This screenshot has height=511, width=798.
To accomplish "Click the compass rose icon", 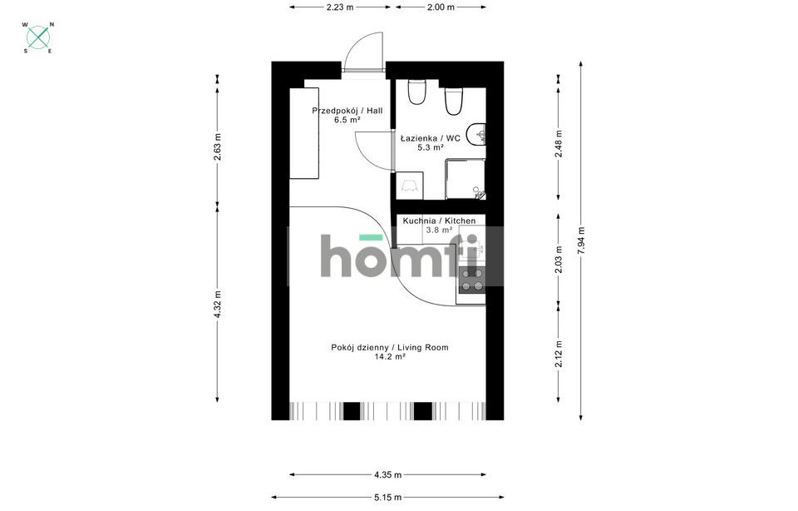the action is click(x=38, y=37).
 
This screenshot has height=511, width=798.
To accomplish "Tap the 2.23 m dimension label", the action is click(x=340, y=7).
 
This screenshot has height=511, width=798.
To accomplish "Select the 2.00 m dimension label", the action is click(x=441, y=7).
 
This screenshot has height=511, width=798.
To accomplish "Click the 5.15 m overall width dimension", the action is click(x=388, y=497).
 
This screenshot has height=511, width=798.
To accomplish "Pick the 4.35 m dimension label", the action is click(x=388, y=475).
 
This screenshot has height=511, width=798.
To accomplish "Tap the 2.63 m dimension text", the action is click(x=217, y=146).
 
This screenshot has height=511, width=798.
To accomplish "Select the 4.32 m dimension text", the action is click(x=217, y=305).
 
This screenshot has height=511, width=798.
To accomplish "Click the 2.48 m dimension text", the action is click(x=559, y=144).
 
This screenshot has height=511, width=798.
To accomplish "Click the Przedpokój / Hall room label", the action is click(x=347, y=111).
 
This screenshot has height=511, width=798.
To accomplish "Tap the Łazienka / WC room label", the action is click(x=431, y=138).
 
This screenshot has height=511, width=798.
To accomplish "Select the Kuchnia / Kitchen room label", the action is click(x=439, y=221).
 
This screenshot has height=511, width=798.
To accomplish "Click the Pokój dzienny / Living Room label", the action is click(x=390, y=347).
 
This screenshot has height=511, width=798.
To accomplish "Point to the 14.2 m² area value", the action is click(x=390, y=357).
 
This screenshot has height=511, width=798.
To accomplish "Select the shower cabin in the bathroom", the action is click(x=465, y=179).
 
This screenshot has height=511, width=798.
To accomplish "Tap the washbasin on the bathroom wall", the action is click(x=479, y=134).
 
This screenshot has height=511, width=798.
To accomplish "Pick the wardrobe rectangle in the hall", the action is click(x=304, y=133).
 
